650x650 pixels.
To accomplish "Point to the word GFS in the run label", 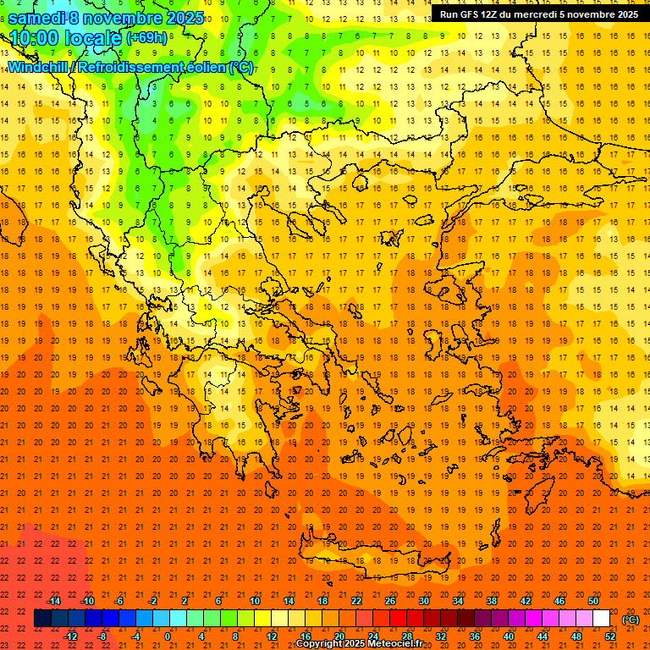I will coord(469,14).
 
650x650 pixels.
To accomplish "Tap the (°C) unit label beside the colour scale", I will coord(631,620).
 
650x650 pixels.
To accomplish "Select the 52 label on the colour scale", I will coord(610,636).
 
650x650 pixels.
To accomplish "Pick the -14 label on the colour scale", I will coord(54,601).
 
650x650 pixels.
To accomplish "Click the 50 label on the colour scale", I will coord(593,601).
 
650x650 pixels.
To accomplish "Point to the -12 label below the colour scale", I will coord(70,636).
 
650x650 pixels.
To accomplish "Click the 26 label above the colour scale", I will coord(390,601).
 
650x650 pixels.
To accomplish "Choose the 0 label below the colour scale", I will coord(168,636).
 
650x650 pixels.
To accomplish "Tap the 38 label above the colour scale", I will coord(492,601).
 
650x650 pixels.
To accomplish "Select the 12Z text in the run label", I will coord(491,14).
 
